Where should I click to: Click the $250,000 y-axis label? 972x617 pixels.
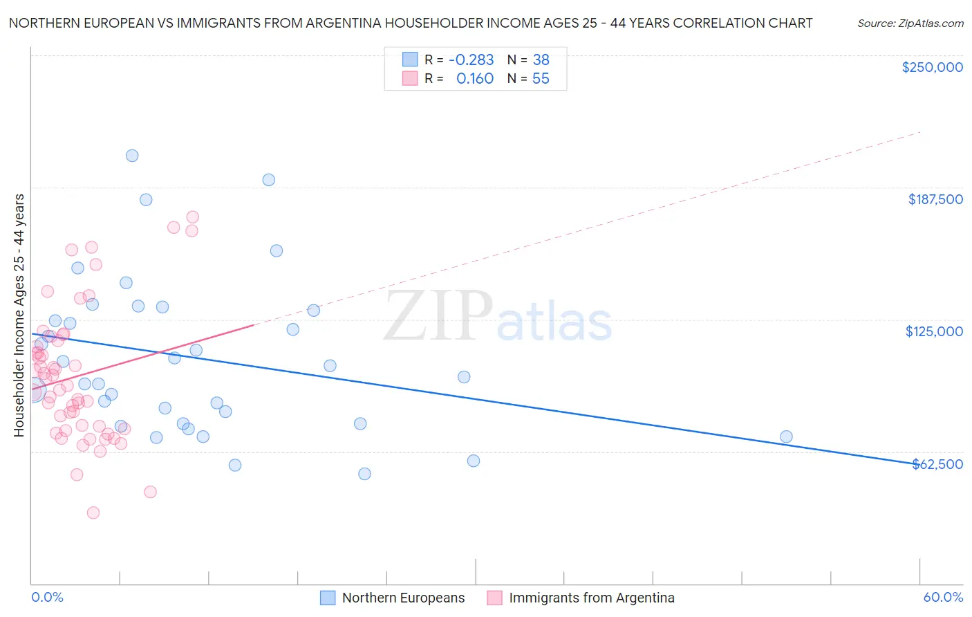click(932, 67)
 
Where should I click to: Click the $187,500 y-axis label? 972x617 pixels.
click(935, 199)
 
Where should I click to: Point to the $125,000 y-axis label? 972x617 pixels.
click(934, 331)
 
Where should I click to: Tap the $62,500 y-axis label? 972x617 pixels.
click(937, 464)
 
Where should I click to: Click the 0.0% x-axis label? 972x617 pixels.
click(47, 597)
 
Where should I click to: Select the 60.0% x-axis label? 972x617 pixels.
click(943, 597)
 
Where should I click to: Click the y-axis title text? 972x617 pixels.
click(19, 315)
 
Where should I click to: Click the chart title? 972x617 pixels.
click(411, 23)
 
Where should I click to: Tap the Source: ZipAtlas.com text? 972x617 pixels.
click(910, 23)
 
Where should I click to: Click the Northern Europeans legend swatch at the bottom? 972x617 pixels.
click(328, 598)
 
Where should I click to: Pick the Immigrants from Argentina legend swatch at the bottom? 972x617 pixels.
click(494, 598)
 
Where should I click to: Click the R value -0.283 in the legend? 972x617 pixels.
click(471, 59)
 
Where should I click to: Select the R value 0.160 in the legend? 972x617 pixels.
click(475, 79)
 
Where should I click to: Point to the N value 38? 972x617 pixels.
click(541, 59)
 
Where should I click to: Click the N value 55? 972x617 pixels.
click(541, 79)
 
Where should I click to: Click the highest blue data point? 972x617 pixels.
click(132, 156)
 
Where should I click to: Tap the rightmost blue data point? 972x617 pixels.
click(786, 436)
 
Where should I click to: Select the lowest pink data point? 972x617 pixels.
click(93, 513)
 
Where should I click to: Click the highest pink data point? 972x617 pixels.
click(193, 217)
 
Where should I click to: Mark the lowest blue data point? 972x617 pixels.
click(364, 474)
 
